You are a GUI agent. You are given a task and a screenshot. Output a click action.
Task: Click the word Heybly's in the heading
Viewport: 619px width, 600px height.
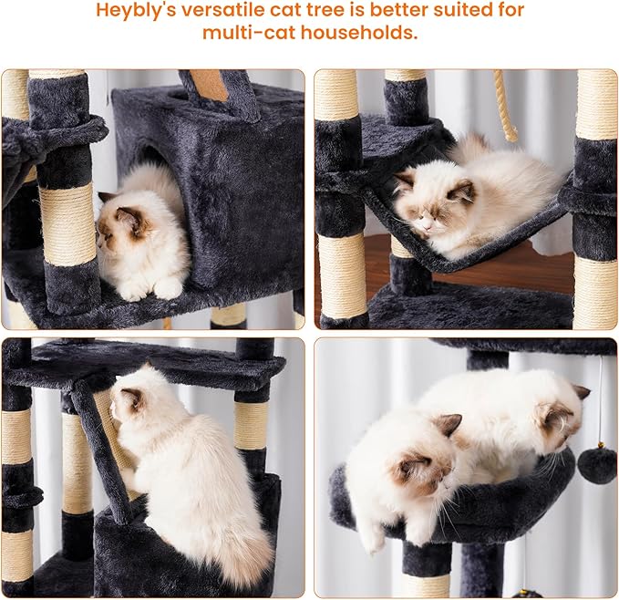(139, 11)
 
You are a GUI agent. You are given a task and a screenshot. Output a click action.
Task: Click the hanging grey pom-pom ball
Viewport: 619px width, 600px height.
(597, 464)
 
